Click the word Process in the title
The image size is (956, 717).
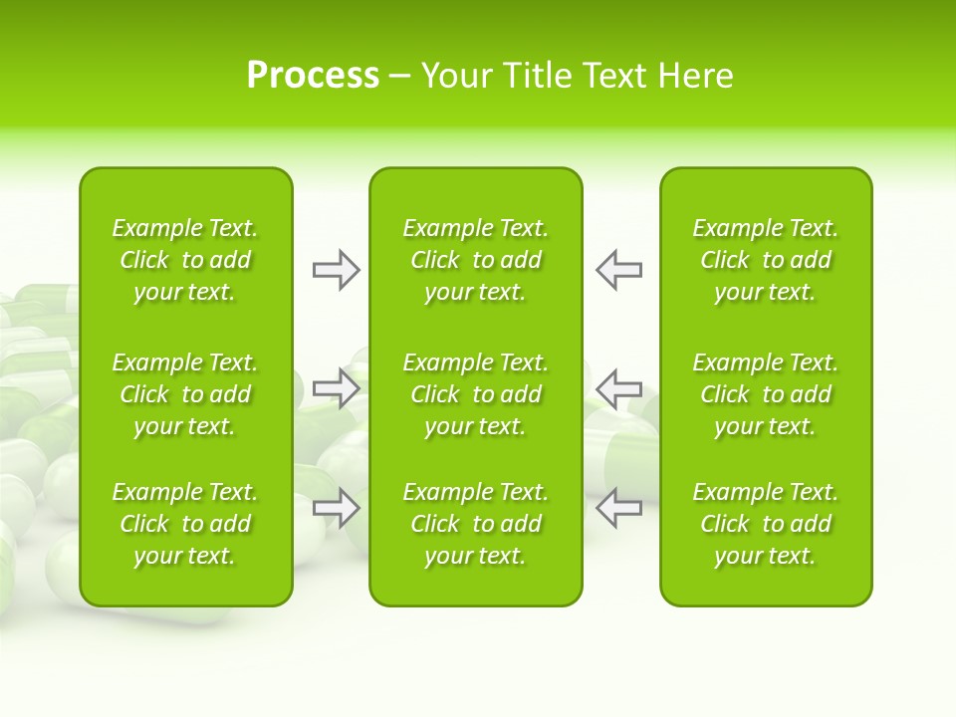313,76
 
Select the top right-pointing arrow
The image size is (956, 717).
337,270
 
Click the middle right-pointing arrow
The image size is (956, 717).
337,388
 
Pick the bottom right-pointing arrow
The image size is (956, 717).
337,508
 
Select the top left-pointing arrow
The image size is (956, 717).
618,270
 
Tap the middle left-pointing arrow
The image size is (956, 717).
618,388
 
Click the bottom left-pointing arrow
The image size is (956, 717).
618,508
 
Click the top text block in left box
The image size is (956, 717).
185,260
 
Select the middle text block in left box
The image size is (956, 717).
185,394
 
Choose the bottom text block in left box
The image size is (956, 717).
185,524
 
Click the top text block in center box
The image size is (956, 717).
475,260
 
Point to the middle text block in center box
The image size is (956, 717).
475,394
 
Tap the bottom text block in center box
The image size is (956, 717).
475,524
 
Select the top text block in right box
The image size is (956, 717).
766,260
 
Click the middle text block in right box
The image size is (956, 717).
766,394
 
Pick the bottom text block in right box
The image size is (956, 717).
766,524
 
